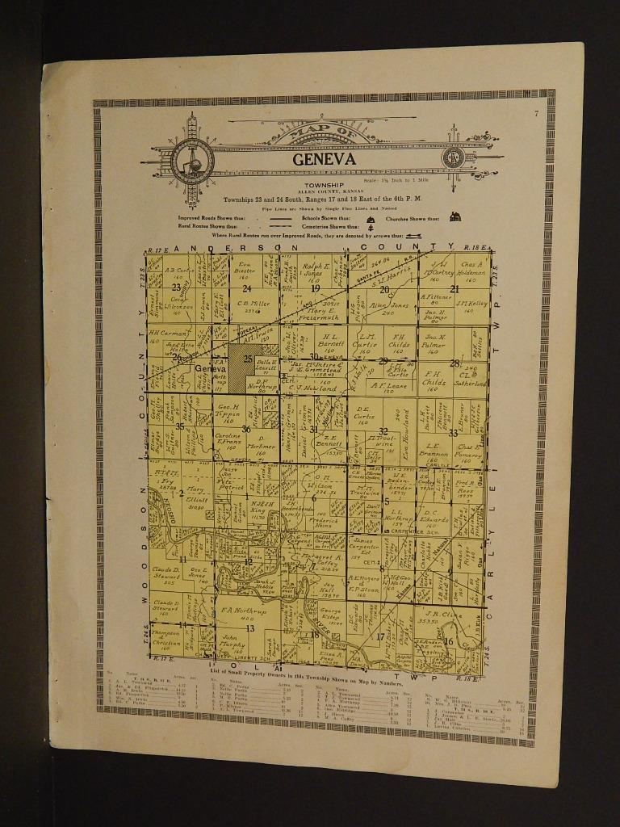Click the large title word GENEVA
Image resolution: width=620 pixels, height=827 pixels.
(324, 159)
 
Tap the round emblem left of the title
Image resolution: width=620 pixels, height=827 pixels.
(193, 157)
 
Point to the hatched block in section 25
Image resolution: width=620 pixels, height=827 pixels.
(240, 375)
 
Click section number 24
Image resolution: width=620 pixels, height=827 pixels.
(247, 288)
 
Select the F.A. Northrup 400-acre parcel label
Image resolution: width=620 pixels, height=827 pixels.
(239, 616)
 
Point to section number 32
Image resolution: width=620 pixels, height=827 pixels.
(383, 431)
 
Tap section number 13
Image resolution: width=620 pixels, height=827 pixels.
(249, 628)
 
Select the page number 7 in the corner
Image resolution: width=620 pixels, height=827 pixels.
(535, 113)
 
